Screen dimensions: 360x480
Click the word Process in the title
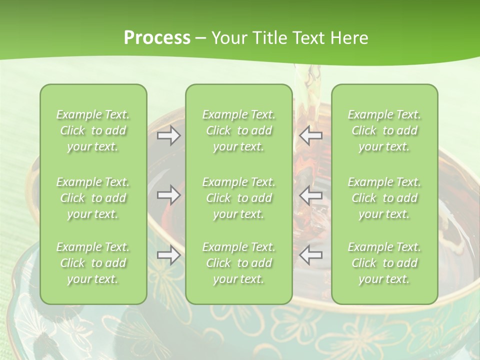(157, 38)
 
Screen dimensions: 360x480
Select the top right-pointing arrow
(168, 135)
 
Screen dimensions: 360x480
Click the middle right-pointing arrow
(168, 195)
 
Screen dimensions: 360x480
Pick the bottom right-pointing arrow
(168, 255)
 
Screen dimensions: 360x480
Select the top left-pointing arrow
(311, 135)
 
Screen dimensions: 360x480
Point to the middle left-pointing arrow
(311, 195)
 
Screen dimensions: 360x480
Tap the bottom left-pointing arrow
(311, 255)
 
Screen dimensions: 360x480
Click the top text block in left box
(93, 130)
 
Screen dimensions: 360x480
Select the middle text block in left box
(93, 198)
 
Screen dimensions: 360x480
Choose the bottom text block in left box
(93, 263)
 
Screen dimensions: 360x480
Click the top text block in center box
(239, 130)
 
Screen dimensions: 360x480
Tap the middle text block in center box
(239, 198)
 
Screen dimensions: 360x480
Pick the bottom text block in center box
(239, 263)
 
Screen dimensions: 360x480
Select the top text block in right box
(384, 130)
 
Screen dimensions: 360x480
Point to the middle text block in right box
(384, 198)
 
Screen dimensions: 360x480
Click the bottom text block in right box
(384, 263)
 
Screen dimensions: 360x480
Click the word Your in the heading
(227, 38)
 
